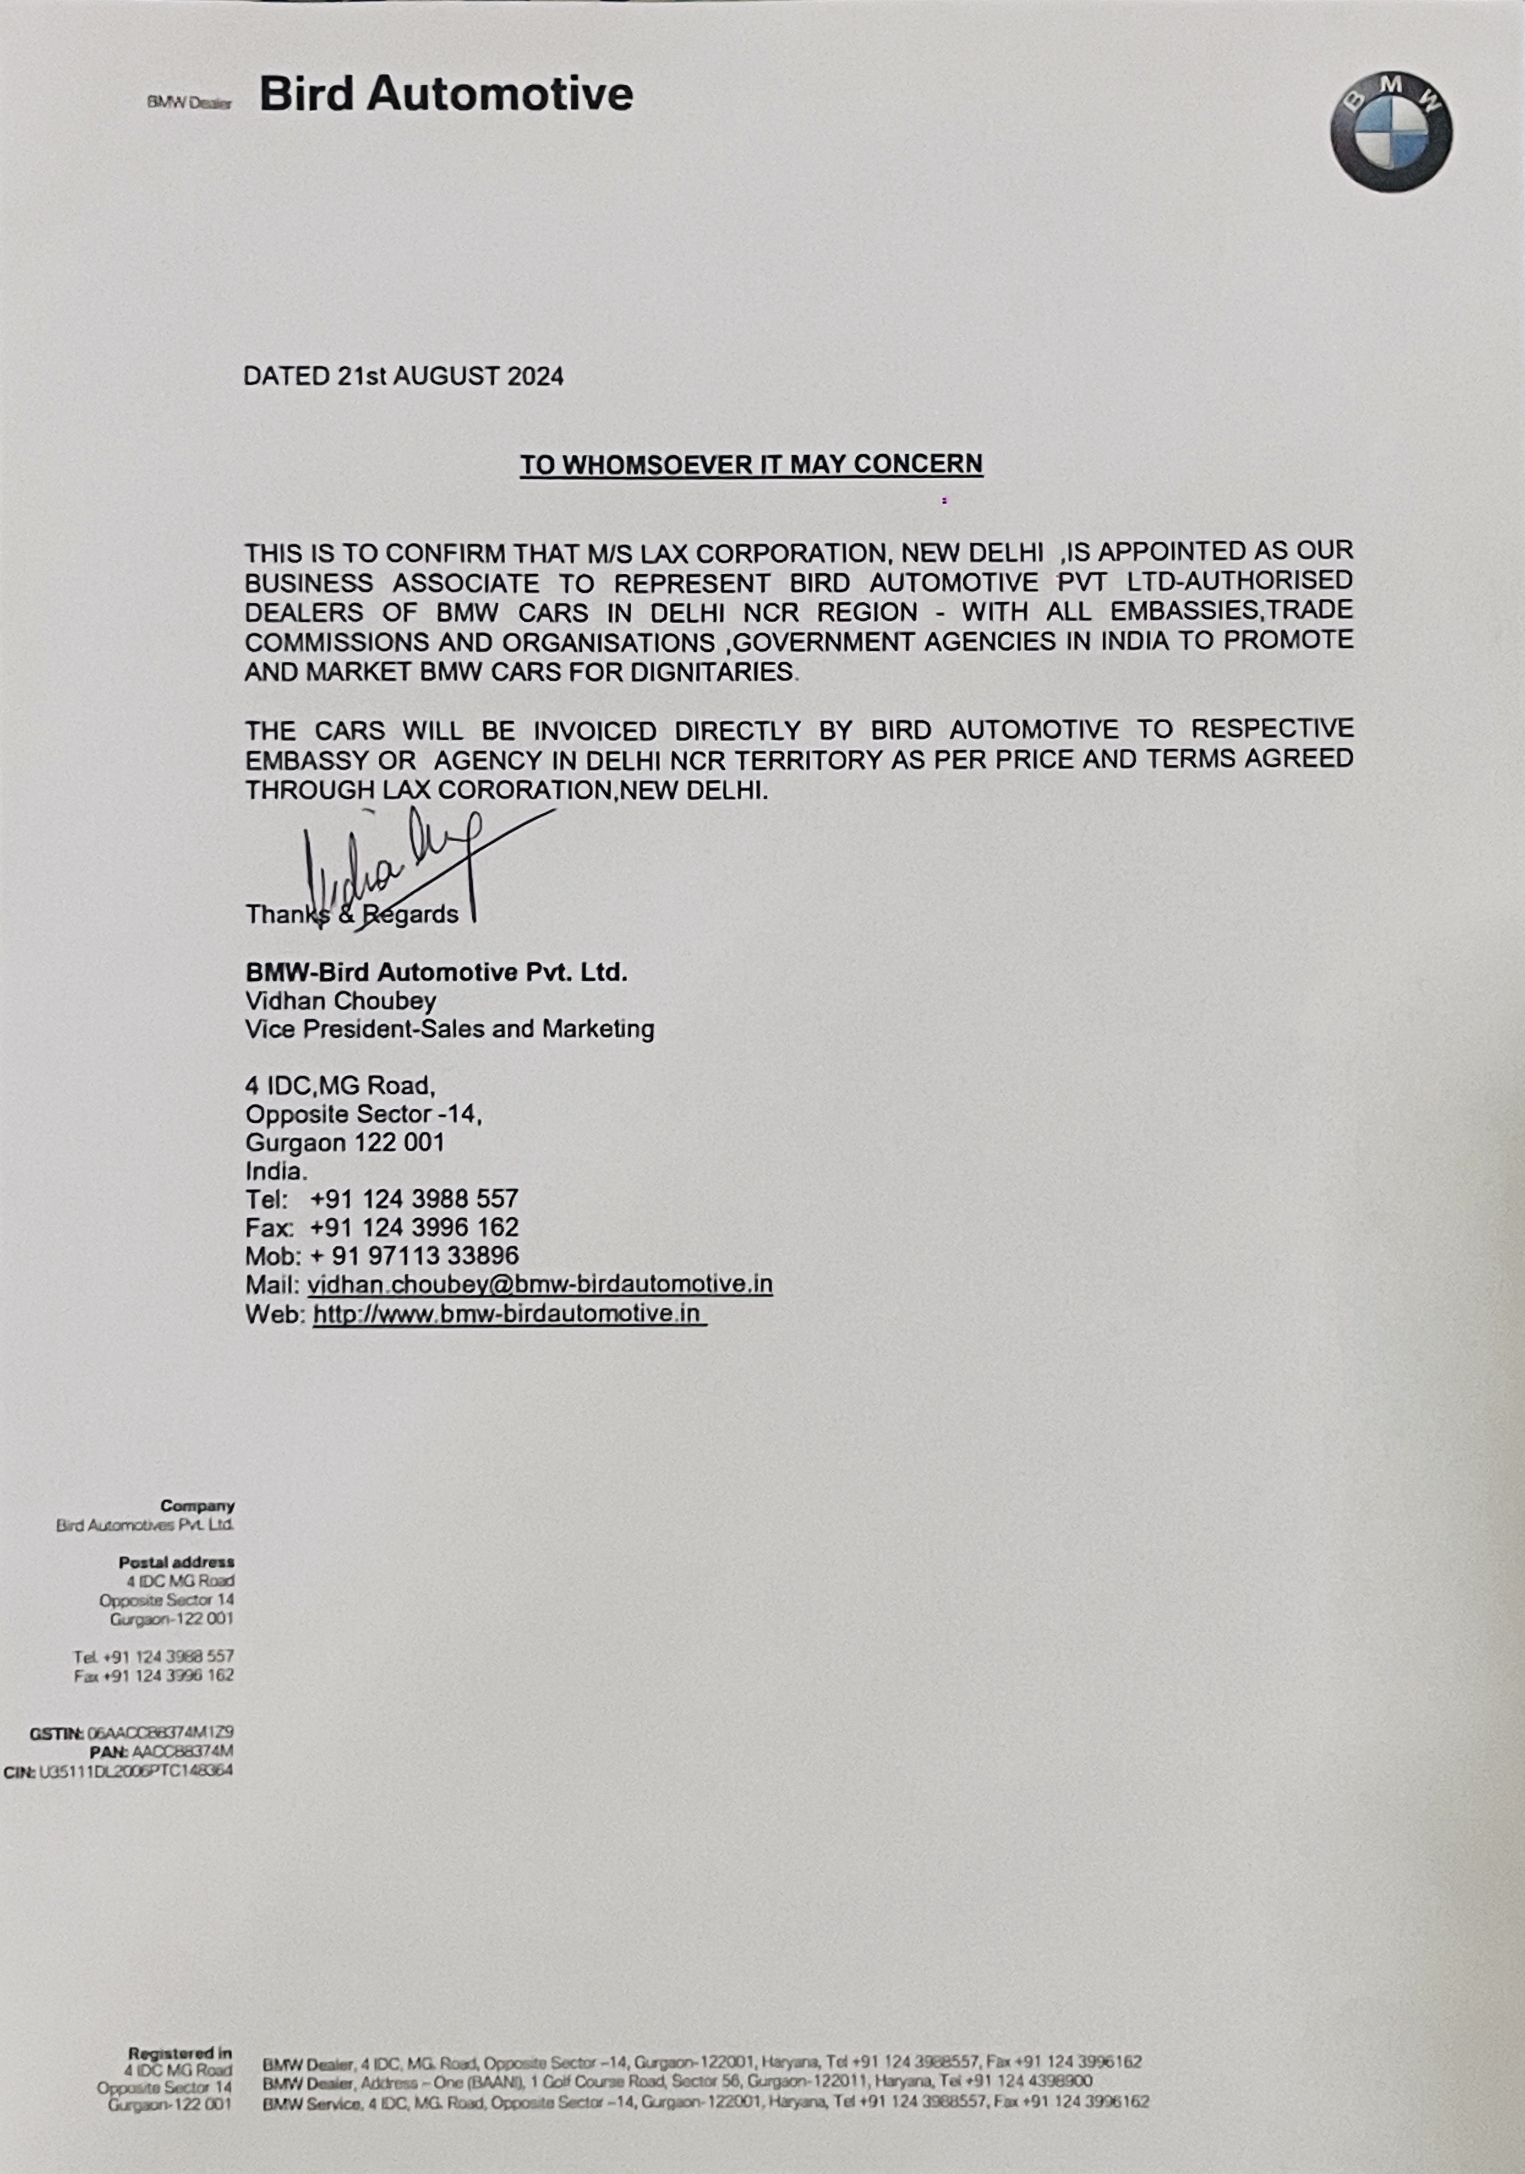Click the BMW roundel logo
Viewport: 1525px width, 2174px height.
click(1391, 130)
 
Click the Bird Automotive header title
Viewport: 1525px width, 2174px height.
click(446, 95)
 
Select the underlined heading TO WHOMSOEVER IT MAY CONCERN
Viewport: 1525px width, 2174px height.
click(751, 464)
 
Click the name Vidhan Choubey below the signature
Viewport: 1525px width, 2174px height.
click(341, 1001)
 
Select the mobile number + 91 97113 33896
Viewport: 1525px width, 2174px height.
click(414, 1256)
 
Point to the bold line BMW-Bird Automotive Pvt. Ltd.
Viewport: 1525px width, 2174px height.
click(436, 972)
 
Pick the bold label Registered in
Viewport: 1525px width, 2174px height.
click(180, 2053)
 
